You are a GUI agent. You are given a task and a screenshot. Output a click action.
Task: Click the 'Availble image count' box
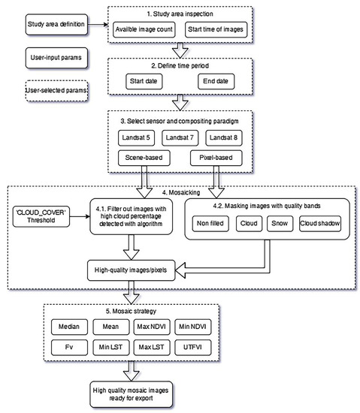[147, 30]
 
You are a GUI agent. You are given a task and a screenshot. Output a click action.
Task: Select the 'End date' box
[216, 80]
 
